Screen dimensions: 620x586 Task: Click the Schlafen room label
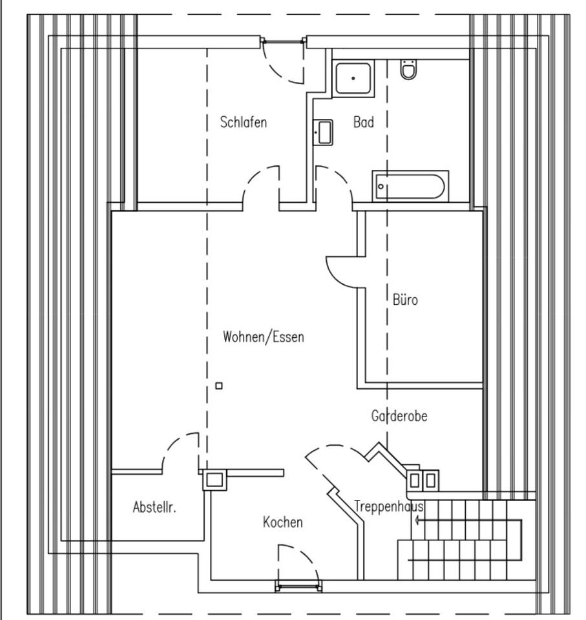(243, 122)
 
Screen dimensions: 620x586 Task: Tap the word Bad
(363, 122)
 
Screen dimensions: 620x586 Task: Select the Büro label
(405, 300)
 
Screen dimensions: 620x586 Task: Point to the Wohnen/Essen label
(263, 336)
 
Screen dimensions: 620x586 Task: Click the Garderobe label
(399, 416)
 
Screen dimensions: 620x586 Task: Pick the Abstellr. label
(154, 507)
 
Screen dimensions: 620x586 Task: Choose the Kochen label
(282, 522)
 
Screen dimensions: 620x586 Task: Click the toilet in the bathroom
(408, 69)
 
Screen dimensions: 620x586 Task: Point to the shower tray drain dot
(353, 78)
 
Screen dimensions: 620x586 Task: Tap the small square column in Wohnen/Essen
(219, 386)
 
